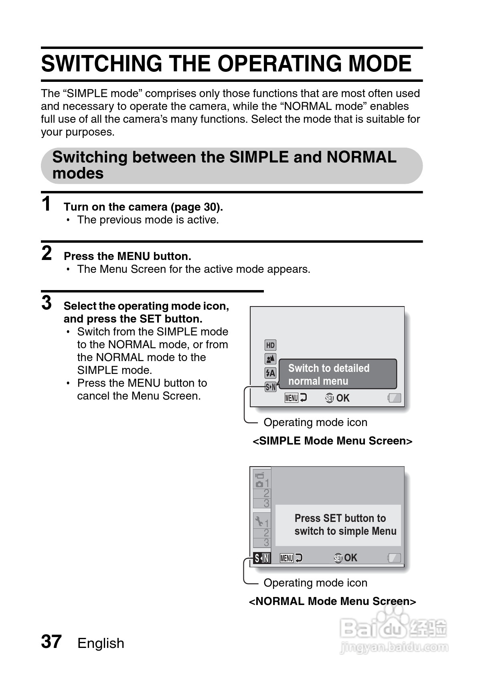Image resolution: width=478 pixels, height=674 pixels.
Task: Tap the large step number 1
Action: click(47, 204)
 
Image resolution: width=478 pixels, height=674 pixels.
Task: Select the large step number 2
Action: click(47, 253)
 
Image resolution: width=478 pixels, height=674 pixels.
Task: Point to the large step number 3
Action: click(47, 303)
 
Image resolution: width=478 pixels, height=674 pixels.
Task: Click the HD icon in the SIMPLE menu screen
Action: click(270, 345)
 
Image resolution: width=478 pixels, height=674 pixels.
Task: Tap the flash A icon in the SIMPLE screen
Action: click(270, 373)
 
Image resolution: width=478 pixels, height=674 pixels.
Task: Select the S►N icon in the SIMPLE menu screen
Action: click(271, 387)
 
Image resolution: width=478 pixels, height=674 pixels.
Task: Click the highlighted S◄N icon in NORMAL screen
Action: click(262, 558)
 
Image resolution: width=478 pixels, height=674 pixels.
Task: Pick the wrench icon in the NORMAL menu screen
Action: click(259, 522)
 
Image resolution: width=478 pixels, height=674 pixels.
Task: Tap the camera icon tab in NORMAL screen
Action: click(260, 480)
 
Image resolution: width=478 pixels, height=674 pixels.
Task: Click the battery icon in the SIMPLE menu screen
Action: click(395, 398)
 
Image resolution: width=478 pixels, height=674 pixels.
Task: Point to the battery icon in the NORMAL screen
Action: click(395, 558)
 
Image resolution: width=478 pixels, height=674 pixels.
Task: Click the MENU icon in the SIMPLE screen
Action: click(292, 398)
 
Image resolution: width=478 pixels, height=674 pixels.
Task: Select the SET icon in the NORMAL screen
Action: click(338, 558)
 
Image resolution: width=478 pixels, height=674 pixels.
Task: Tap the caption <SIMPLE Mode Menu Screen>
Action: click(332, 441)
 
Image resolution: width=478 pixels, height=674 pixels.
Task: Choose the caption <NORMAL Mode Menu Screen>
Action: click(332, 601)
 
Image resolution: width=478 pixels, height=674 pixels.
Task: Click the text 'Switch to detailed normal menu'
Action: click(329, 374)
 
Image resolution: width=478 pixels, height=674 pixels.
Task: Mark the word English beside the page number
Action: click(101, 643)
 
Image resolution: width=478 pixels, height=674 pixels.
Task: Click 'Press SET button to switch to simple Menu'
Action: click(345, 524)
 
